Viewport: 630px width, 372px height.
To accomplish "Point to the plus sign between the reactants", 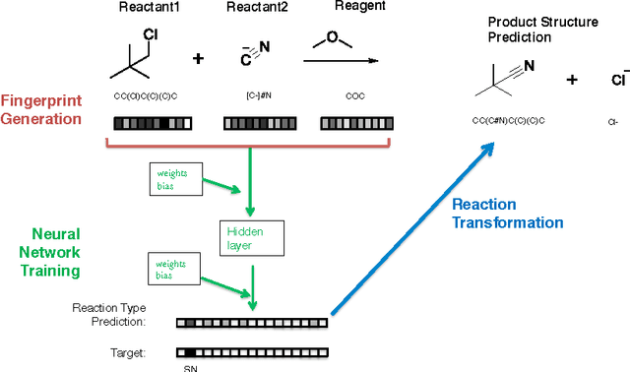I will (x=199, y=59).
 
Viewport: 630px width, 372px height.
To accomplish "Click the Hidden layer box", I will (x=250, y=235).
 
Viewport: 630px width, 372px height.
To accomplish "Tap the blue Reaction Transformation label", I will (x=507, y=214).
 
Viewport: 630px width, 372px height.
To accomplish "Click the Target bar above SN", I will (x=252, y=351).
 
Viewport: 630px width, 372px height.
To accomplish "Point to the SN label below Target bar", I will (x=190, y=367).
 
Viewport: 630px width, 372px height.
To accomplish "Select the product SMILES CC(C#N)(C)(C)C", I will (x=511, y=119).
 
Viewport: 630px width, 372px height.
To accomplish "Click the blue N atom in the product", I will (x=529, y=67).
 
